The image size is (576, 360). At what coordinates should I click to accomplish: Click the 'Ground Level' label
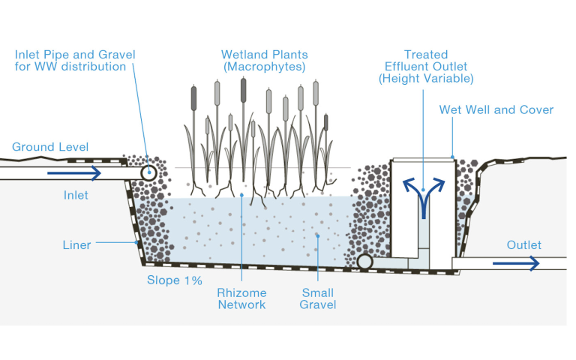[50, 146]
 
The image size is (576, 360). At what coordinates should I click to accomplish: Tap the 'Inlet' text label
[76, 195]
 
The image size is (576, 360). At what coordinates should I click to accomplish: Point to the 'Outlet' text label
[523, 245]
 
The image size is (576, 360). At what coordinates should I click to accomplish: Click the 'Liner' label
[76, 245]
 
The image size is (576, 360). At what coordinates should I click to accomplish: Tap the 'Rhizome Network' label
[241, 298]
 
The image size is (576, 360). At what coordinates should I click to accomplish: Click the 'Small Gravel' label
[317, 298]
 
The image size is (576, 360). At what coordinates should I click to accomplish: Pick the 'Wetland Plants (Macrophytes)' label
[264, 61]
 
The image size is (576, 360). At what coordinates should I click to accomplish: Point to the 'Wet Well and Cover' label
[496, 110]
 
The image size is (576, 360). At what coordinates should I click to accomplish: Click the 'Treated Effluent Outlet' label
[426, 66]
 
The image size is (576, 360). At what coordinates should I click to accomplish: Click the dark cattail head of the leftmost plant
[193, 97]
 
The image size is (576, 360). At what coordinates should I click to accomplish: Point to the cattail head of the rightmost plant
[325, 122]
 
